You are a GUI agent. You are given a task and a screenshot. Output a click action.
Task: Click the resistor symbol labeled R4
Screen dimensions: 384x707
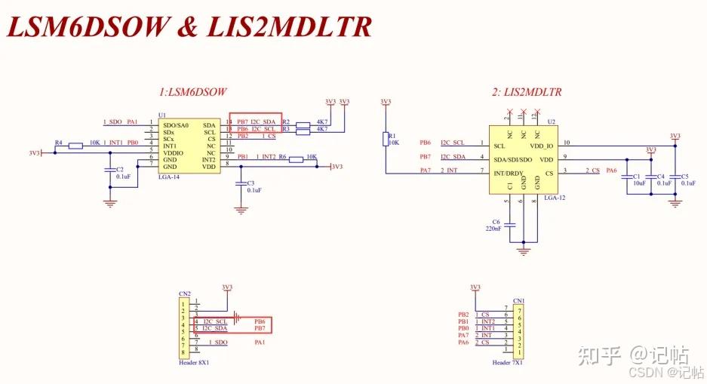(x=75, y=145)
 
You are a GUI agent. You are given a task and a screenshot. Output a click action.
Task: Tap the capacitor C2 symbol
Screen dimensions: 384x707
(x=110, y=170)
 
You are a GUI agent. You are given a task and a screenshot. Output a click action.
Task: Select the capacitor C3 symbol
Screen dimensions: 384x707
(x=241, y=183)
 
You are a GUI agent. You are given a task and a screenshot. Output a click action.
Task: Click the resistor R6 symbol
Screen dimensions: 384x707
(x=295, y=158)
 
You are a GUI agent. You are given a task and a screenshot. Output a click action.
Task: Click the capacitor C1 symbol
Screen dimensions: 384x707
(x=628, y=176)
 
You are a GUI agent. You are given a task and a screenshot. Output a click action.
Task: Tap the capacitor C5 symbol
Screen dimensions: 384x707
(x=675, y=176)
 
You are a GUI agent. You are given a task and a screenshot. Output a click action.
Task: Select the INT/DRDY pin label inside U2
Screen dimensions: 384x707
(x=513, y=173)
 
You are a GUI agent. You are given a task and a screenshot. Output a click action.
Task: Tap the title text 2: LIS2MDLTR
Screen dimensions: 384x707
(x=526, y=92)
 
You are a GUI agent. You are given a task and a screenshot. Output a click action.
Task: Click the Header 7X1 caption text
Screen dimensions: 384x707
(x=508, y=362)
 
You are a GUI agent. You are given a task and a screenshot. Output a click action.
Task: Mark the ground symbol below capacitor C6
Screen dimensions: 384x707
(x=521, y=249)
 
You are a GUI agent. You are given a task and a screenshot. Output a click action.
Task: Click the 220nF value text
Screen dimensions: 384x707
(x=493, y=228)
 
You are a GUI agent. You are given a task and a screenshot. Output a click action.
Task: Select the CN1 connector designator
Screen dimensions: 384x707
(x=518, y=300)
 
